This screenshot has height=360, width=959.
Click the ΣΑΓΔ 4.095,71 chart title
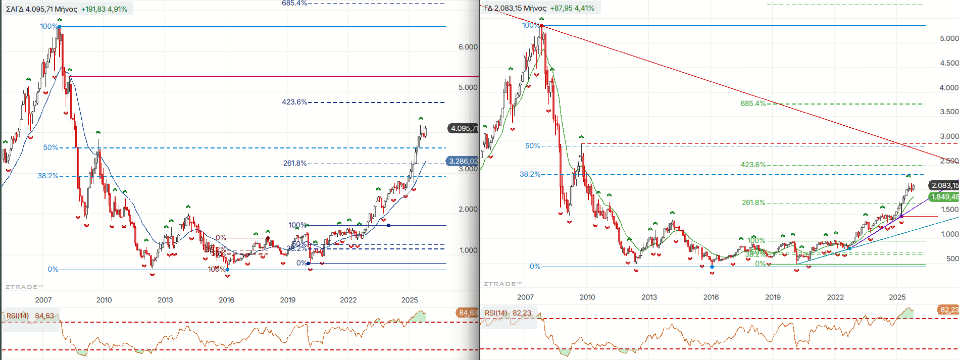(x=41, y=9)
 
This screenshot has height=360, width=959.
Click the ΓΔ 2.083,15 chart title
(x=515, y=8)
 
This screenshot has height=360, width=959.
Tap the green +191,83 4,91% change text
(x=104, y=9)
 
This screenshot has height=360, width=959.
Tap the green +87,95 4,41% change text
(x=572, y=8)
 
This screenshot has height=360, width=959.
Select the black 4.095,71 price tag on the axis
(x=463, y=128)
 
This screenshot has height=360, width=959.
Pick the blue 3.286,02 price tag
(x=463, y=161)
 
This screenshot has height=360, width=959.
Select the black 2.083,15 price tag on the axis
(x=944, y=185)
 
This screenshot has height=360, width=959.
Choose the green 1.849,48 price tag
(x=944, y=197)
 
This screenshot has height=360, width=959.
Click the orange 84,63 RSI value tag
(x=468, y=313)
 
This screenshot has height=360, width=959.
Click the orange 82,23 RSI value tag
(x=948, y=310)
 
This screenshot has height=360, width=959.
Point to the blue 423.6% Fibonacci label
(x=294, y=102)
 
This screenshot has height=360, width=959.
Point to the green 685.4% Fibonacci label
(x=753, y=104)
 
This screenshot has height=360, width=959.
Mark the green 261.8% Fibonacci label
(x=753, y=202)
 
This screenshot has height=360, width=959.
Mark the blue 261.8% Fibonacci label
(x=295, y=163)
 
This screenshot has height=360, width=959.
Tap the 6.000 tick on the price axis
(x=468, y=47)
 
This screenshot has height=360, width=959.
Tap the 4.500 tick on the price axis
(x=949, y=63)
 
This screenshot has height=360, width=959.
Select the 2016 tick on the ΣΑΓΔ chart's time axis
(x=226, y=300)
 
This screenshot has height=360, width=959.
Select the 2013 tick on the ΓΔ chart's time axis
(x=649, y=297)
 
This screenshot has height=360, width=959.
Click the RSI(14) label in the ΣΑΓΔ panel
(x=18, y=316)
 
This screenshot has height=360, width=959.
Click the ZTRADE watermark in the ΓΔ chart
(x=503, y=284)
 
